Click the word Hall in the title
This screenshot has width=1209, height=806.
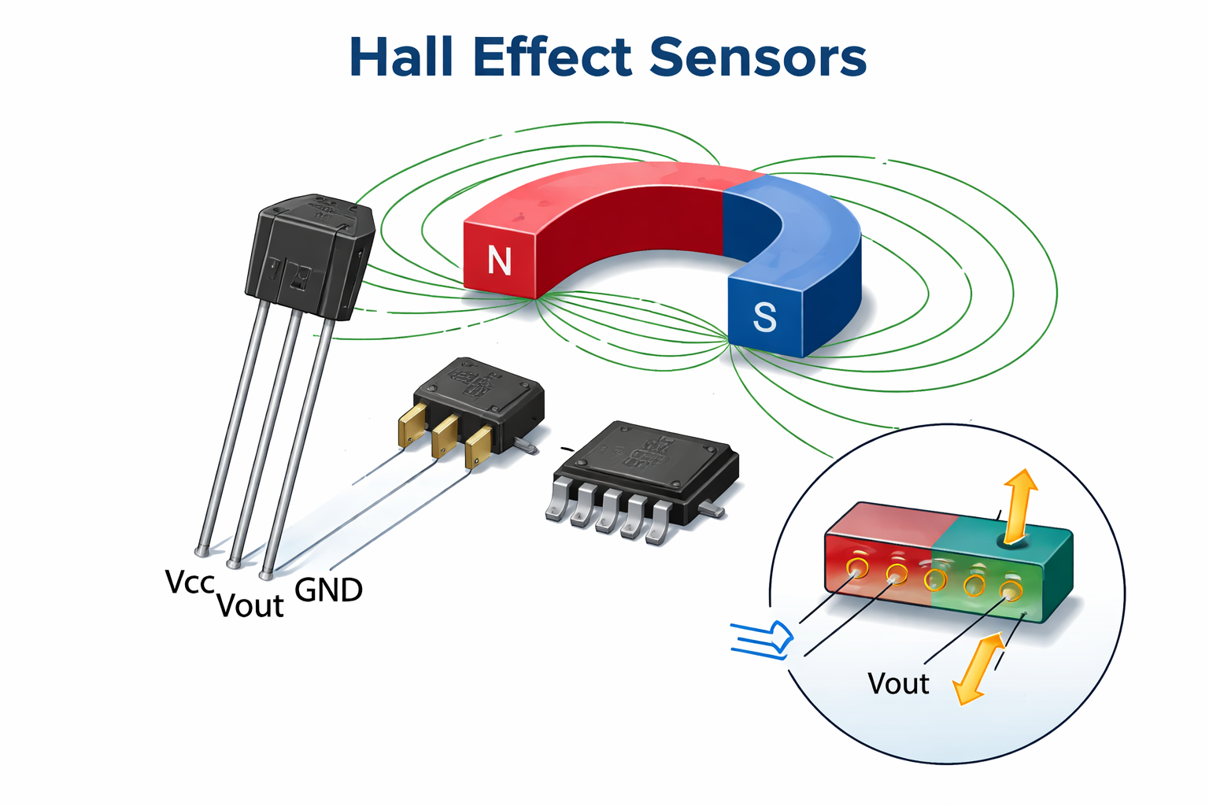click(401, 57)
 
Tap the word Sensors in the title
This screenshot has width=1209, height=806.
click(758, 57)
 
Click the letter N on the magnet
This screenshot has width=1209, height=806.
click(500, 261)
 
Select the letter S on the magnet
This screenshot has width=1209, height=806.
click(764, 317)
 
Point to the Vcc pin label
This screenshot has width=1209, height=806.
click(190, 582)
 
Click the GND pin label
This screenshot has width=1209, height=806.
click(328, 590)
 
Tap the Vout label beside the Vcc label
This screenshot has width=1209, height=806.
click(250, 606)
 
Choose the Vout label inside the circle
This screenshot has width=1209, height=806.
click(898, 683)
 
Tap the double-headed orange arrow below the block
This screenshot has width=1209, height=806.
click(979, 668)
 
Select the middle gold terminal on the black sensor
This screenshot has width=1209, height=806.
click(445, 435)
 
